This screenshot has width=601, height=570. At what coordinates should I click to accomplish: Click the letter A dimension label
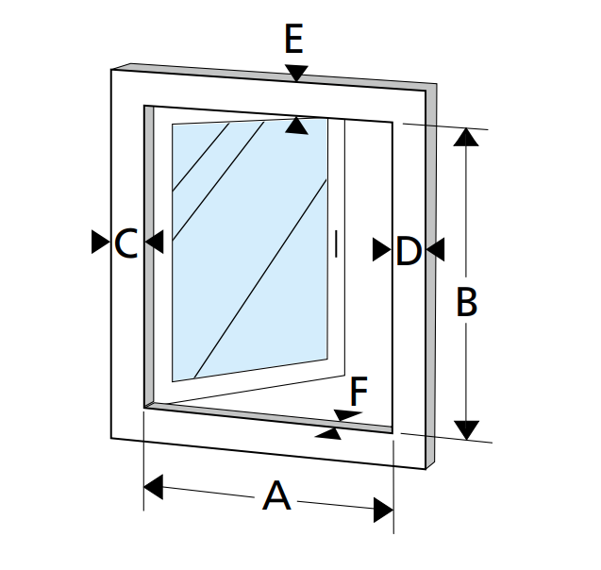275,495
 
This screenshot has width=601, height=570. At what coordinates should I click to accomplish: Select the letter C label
126,243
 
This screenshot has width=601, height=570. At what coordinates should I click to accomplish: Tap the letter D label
409,251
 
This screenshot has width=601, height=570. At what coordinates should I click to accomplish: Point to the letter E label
293,41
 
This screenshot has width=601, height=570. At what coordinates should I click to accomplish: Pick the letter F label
359,388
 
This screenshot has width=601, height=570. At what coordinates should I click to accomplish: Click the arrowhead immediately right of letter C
154,243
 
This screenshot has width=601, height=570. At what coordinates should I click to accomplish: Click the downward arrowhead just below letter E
296,73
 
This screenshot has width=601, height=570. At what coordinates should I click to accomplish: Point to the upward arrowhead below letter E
296,124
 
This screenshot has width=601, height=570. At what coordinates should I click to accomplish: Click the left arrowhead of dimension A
154,488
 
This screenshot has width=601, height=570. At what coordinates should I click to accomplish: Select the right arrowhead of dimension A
382,511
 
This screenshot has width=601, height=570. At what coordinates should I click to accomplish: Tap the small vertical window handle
336,243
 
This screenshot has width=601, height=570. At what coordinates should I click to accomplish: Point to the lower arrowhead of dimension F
328,433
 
